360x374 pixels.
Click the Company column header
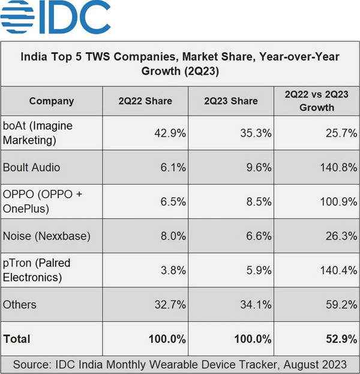[x=52, y=101]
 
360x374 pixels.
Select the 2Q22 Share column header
[x=145, y=101]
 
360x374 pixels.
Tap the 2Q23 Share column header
[x=231, y=101]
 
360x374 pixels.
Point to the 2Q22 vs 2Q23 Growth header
[x=317, y=101]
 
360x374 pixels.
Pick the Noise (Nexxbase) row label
[x=47, y=236]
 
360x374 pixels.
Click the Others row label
[x=20, y=304]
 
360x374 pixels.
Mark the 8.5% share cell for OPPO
[x=256, y=202]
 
